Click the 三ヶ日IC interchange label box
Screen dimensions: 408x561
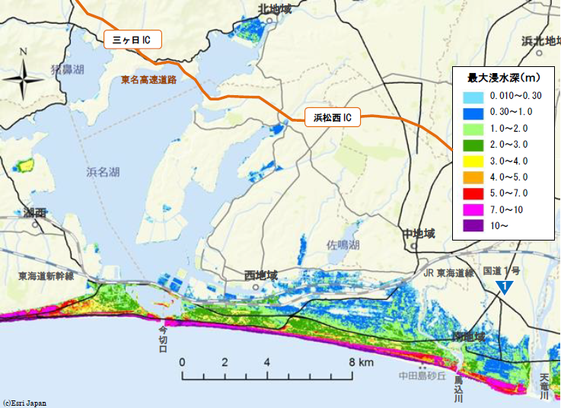[x=132, y=40]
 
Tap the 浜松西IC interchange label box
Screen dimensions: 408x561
[x=333, y=117]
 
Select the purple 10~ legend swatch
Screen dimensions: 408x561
[x=473, y=225]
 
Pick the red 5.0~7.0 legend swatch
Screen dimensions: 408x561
[x=473, y=193]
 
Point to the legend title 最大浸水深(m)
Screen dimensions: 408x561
[x=503, y=78]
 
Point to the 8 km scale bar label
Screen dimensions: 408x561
[x=360, y=362]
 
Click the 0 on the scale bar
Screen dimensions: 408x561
[x=183, y=362]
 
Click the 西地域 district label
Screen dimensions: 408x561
[x=261, y=275]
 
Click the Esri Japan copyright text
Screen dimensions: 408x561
[x=24, y=403]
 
